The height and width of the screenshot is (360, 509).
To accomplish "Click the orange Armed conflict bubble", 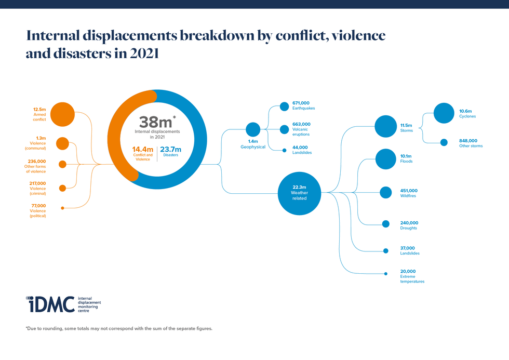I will coord(62,114).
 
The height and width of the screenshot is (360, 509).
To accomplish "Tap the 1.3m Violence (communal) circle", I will coord(62,143).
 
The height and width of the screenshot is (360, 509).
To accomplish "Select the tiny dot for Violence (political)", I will coord(62,208).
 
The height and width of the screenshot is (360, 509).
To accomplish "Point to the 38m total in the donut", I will coord(155,123).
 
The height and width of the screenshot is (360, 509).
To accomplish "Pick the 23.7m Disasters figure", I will coord(171,150).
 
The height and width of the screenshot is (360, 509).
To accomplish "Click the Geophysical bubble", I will coord(252,129).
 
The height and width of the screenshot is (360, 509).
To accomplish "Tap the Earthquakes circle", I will coord(284,106).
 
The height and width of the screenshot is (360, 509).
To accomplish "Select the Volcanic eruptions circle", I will coord(284,129).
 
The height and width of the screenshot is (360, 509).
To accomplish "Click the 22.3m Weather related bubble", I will coord(299,193).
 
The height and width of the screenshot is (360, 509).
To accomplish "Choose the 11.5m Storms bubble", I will coord(385,126).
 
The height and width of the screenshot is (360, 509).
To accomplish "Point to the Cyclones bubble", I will coord(444,113).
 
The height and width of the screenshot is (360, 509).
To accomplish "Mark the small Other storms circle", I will coord(444,142).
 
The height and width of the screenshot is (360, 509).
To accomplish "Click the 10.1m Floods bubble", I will coord(385,159).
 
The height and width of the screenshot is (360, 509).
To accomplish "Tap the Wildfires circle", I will coord(385,192).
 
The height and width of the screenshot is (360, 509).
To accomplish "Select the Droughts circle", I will coord(385,224).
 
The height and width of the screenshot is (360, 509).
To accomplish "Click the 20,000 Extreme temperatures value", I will coord(408,271).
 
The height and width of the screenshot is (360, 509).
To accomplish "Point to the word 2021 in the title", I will coord(141,53).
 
